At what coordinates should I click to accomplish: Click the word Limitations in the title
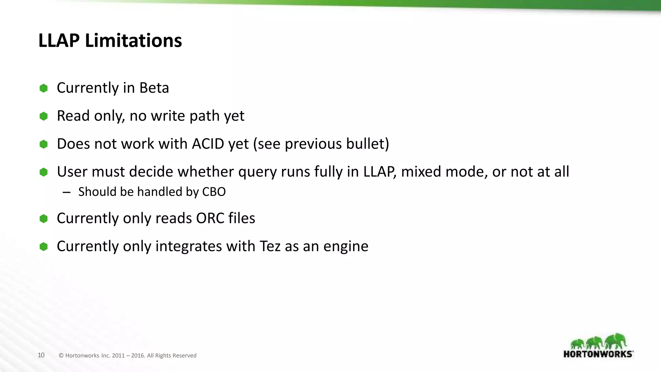tap(133, 41)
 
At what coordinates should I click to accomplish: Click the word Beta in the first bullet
tap(154, 88)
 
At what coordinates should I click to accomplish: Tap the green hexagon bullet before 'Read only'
tap(44, 116)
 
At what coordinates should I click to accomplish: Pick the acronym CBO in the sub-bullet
tap(214, 192)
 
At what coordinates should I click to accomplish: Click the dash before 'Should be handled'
tap(66, 192)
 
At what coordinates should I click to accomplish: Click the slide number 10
tap(41, 355)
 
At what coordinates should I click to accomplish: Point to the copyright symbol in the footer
tap(61, 356)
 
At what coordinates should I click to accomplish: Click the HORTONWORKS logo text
tap(598, 354)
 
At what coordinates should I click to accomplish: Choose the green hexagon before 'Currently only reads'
tap(44, 219)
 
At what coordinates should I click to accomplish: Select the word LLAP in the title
tap(59, 41)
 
